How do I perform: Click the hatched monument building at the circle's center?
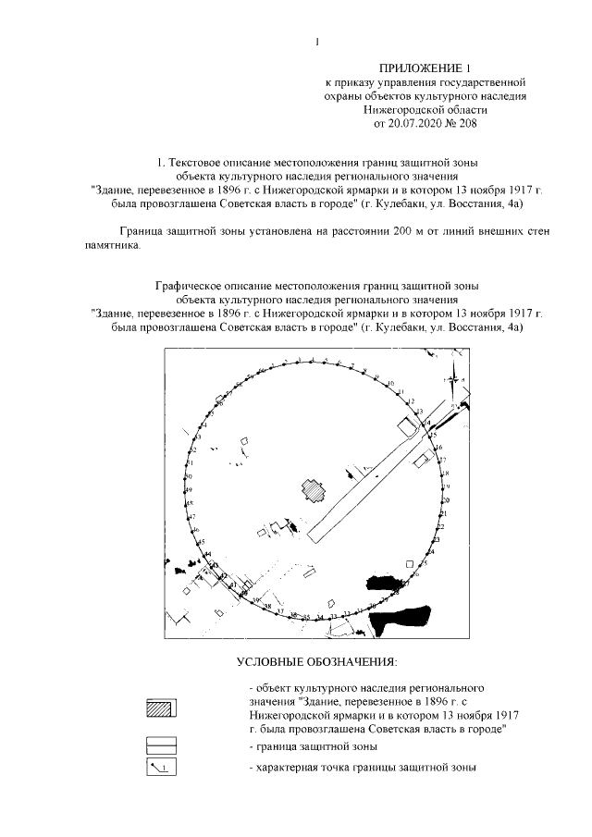coord(313,489)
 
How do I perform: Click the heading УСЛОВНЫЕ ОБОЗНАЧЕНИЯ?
coord(315,662)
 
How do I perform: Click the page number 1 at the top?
coord(316,41)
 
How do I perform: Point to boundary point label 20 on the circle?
coord(444,500)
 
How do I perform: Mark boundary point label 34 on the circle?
coord(319,617)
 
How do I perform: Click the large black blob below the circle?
coord(398,616)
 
